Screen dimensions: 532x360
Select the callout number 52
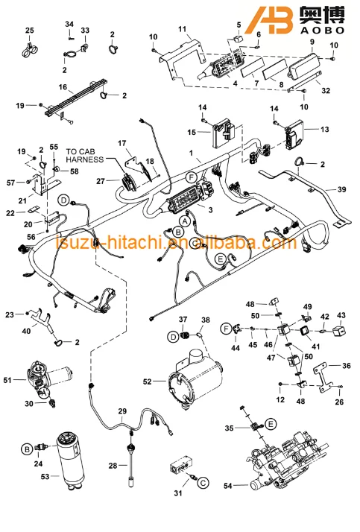pos(149,381)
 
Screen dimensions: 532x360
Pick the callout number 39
pos(341,190)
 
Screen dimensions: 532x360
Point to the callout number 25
pos(30,30)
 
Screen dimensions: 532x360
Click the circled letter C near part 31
pos(200,483)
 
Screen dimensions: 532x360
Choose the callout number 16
pos(63,87)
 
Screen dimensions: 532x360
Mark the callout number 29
pos(123,411)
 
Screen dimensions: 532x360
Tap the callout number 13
pos(324,129)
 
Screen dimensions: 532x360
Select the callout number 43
pos(341,315)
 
